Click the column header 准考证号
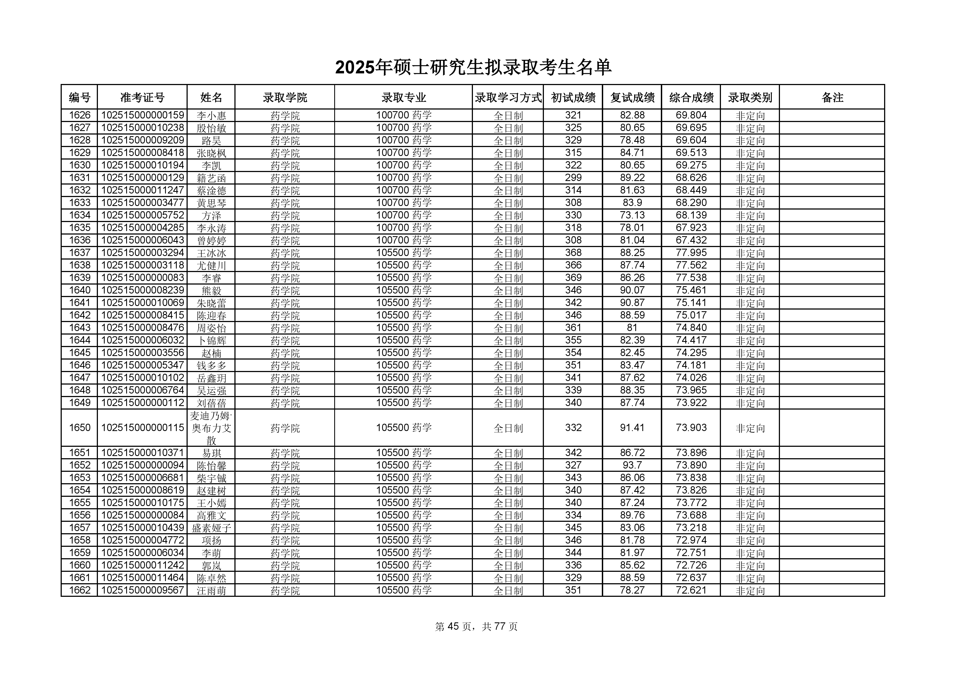[x=142, y=97]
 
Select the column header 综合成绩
[x=691, y=97]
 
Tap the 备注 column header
[x=832, y=97]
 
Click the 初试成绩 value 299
[x=573, y=178]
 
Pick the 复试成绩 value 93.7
[x=632, y=465]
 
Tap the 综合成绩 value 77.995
[x=691, y=252]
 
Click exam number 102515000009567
[x=142, y=590]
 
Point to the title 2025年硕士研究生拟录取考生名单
[x=473, y=68]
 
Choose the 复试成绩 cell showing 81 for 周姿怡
[x=632, y=328]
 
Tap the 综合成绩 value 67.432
[x=691, y=240]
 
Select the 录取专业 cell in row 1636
[x=404, y=240]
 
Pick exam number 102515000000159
[x=142, y=115]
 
